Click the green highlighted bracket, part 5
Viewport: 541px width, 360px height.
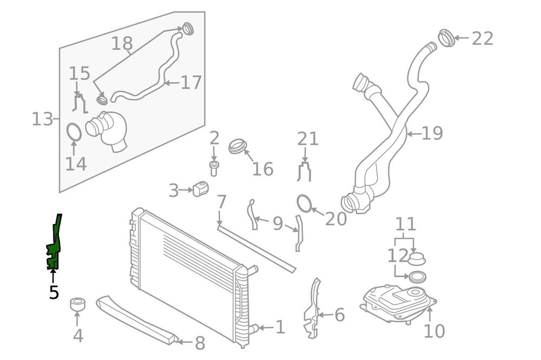coord(54,244)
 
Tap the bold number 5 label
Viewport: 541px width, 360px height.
coord(54,292)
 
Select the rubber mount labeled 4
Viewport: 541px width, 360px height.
coord(78,305)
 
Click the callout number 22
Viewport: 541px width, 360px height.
coord(483,38)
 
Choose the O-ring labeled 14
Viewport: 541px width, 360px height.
coord(74,132)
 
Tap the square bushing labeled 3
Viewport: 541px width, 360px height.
coord(200,190)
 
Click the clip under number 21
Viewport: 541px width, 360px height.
coord(305,171)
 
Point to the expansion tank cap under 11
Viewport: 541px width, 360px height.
coord(417,258)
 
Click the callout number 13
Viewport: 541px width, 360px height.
coord(42,119)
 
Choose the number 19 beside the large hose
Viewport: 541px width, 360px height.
coord(432,133)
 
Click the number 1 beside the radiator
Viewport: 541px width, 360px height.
coord(280,327)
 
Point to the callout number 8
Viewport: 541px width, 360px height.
coord(199,343)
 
